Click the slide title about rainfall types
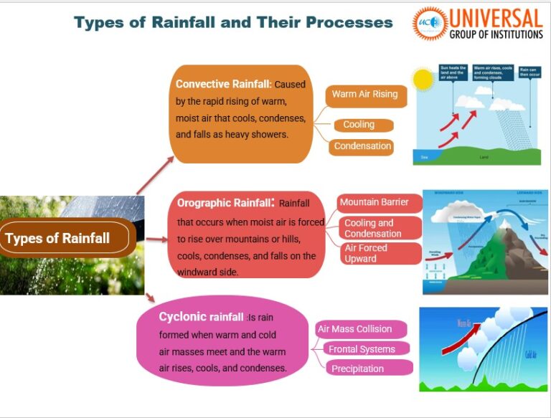point(233,22)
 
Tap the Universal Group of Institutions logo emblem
point(430,24)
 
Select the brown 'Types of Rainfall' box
point(67,238)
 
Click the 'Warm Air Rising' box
point(364,95)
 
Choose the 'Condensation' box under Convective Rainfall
point(362,146)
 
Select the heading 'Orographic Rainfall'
point(223,203)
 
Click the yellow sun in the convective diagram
point(423,80)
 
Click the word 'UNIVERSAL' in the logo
point(496,16)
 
